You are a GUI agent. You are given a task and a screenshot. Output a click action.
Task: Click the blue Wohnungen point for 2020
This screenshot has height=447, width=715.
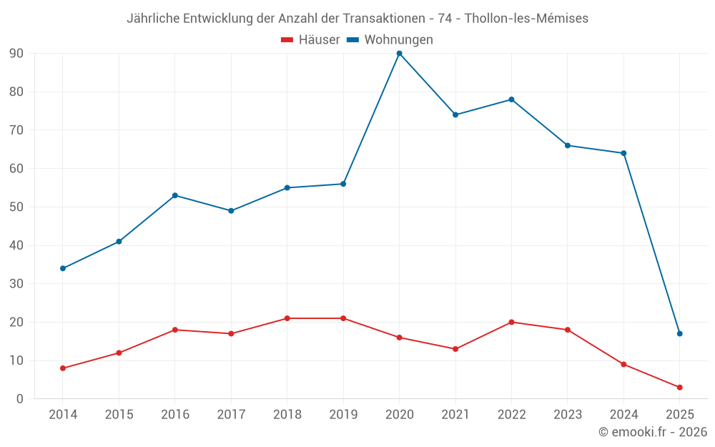click(x=399, y=54)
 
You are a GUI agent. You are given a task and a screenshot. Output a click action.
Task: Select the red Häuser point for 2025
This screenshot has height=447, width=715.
click(x=679, y=388)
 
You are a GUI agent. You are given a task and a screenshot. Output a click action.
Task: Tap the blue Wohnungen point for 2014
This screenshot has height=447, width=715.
click(x=63, y=268)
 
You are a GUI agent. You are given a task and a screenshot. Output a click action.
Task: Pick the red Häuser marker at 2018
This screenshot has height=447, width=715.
click(x=287, y=318)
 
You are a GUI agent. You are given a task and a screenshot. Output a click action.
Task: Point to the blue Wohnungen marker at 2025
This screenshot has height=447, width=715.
click(x=679, y=333)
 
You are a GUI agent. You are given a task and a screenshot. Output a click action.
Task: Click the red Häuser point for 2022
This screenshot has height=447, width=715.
click(x=511, y=322)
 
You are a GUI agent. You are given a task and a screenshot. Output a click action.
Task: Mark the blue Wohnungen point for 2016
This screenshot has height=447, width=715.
click(x=175, y=195)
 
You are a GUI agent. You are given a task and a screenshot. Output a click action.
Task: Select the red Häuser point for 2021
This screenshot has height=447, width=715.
click(x=455, y=349)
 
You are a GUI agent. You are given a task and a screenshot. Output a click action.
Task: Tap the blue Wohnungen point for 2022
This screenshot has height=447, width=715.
click(x=511, y=99)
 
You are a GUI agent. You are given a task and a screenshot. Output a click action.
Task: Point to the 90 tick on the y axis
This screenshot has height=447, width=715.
click(x=16, y=54)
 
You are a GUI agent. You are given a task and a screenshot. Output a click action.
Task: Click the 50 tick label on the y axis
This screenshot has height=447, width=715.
click(x=16, y=207)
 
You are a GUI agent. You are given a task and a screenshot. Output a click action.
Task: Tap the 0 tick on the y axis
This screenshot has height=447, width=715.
click(x=20, y=399)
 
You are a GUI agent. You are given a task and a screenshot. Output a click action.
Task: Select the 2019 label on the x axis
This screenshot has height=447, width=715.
click(x=343, y=415)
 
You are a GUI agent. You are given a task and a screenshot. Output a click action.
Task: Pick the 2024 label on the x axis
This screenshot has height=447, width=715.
click(x=623, y=415)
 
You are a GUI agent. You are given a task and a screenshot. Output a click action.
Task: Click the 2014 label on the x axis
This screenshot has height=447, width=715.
click(x=63, y=415)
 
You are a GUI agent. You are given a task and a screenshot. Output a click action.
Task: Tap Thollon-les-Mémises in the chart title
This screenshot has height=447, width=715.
click(x=526, y=19)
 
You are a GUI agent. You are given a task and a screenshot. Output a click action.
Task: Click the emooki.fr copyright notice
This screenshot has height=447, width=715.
click(x=652, y=432)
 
